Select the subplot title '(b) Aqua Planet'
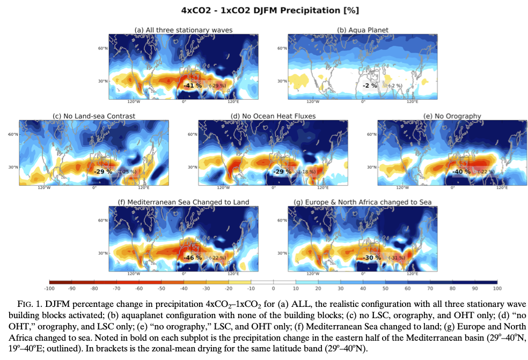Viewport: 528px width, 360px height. (x=362, y=30)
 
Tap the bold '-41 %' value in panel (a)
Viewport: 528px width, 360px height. (x=192, y=86)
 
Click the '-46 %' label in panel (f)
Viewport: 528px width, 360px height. (x=193, y=258)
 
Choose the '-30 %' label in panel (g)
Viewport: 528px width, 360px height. (x=371, y=258)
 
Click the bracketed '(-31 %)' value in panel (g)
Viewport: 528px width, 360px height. (x=397, y=258)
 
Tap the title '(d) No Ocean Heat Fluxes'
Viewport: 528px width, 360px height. (x=273, y=116)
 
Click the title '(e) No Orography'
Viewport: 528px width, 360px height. (x=452, y=116)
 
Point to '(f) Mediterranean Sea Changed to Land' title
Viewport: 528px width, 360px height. (x=184, y=202)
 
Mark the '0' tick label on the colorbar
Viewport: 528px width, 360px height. (x=273, y=289)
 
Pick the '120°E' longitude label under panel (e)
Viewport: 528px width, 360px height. (x=502, y=187)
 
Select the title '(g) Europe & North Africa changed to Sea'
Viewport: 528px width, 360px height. (x=362, y=202)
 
